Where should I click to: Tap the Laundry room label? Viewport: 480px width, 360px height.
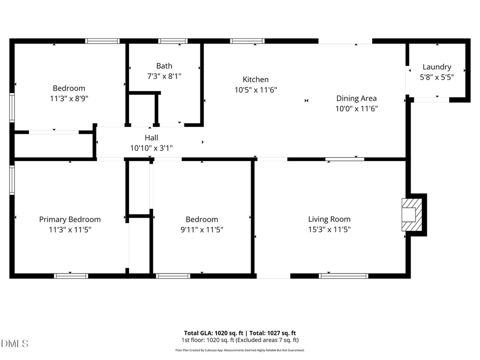(437, 67)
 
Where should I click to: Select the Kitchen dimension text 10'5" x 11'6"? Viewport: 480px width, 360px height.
(256, 90)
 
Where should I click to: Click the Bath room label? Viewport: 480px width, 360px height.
(164, 66)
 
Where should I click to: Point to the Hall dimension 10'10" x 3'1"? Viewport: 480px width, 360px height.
(151, 148)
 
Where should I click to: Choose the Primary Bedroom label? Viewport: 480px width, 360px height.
(70, 219)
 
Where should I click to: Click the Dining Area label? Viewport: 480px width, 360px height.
(356, 98)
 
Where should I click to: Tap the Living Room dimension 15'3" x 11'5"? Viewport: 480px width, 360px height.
(329, 229)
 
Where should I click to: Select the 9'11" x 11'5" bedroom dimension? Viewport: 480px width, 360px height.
(202, 229)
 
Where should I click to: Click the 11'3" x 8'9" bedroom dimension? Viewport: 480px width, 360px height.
(69, 98)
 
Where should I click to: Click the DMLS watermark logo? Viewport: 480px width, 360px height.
(14, 343)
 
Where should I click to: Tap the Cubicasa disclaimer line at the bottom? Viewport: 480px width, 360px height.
(240, 350)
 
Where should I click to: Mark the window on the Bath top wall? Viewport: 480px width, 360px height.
(173, 41)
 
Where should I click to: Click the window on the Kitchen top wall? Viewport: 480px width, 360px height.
(247, 41)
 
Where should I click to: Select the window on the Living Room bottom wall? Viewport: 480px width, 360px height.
(343, 276)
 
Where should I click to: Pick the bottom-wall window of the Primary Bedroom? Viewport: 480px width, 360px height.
(71, 276)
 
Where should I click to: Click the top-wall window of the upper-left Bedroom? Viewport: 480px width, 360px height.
(102, 41)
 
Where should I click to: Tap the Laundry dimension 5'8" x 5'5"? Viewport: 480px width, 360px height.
(437, 77)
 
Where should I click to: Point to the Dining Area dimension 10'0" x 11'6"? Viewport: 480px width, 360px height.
(356, 108)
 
